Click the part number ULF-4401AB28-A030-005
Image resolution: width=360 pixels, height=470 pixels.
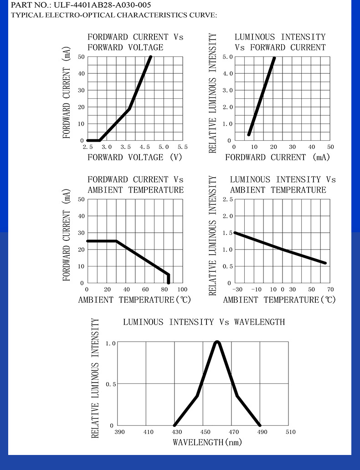[102, 5]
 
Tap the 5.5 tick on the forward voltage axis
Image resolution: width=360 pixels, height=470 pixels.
[182, 147]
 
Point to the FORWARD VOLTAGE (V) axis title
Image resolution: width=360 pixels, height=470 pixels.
[135, 158]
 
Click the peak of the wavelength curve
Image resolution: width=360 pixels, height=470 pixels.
[217, 342]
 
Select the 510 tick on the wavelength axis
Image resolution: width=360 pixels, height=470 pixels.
[290, 432]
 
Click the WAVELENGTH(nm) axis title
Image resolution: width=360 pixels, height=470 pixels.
[207, 442]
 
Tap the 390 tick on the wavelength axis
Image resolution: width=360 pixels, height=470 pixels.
[119, 432]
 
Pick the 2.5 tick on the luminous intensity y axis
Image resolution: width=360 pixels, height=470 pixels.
[227, 199]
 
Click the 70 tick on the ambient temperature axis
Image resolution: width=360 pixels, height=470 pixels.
[330, 289]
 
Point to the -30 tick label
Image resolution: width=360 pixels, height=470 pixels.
[237, 289]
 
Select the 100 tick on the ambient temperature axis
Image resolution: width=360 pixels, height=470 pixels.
[182, 289]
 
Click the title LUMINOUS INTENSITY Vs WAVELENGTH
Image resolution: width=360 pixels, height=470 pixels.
[204, 322]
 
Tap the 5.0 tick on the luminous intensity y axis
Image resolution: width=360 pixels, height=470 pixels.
[227, 57]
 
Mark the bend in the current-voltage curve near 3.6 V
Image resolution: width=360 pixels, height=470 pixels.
[129, 109]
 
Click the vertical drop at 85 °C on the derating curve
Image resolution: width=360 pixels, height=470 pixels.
[169, 279]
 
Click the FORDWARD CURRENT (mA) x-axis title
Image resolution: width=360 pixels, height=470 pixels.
[278, 158]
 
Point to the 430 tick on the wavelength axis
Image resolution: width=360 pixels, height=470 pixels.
[177, 432]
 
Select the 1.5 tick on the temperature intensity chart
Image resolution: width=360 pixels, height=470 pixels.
[227, 233]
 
